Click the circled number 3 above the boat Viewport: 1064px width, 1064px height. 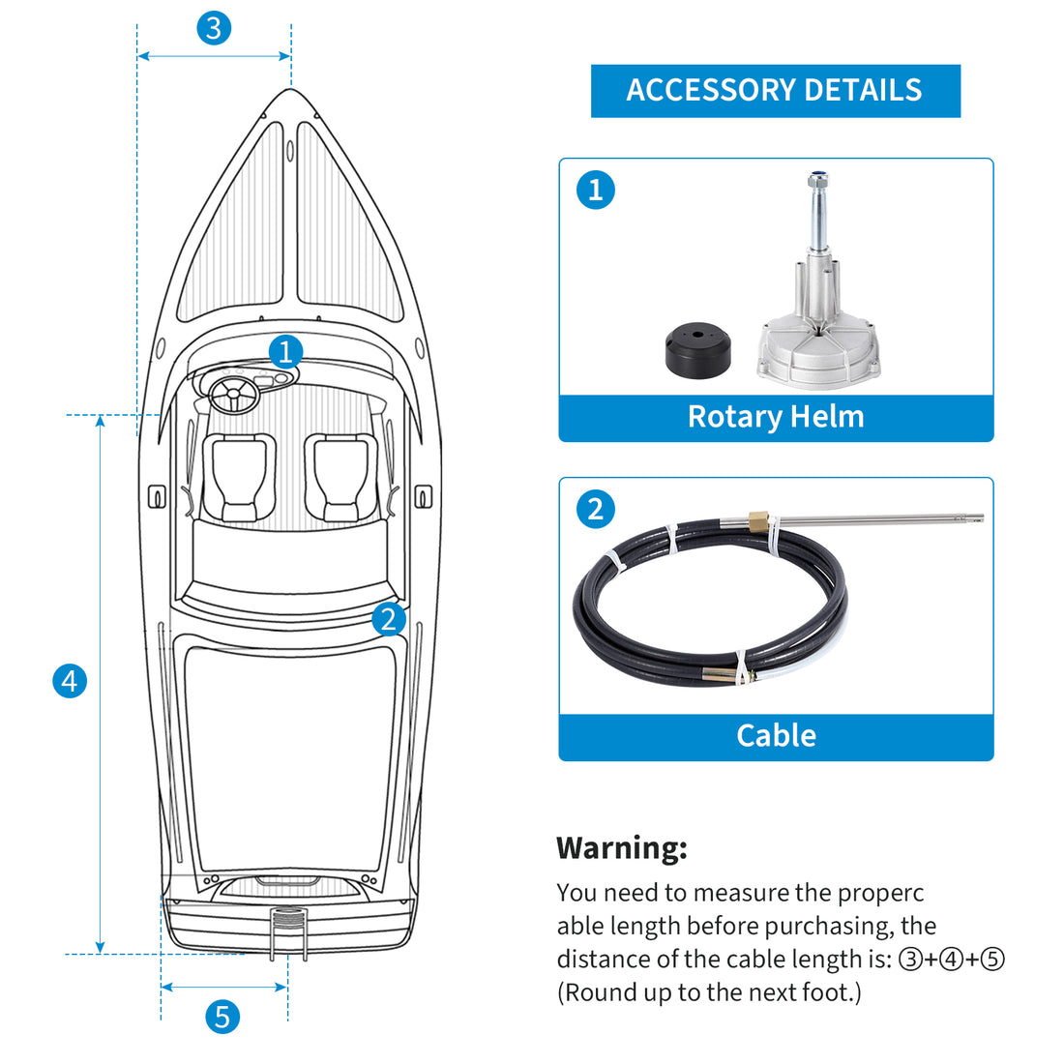click(x=214, y=28)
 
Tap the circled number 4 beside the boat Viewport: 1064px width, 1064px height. click(x=69, y=681)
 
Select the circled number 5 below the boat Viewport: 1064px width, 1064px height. click(x=222, y=1017)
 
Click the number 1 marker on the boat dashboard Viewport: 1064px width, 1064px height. click(x=285, y=351)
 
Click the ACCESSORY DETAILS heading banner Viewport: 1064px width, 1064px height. click(x=775, y=91)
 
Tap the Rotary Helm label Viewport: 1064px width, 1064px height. click(x=776, y=417)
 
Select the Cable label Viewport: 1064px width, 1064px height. click(x=776, y=735)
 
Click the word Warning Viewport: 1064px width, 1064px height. click(x=622, y=848)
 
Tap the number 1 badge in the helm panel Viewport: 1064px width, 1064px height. click(x=596, y=190)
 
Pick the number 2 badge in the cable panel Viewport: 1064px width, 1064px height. click(x=596, y=509)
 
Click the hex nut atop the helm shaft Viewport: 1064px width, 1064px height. click(x=817, y=180)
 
